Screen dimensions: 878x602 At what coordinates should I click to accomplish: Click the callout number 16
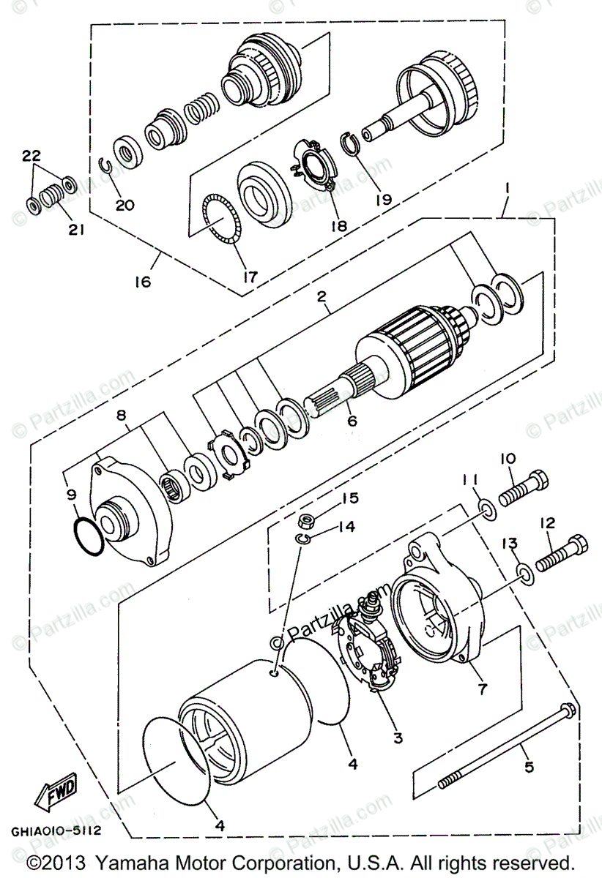pos(144,281)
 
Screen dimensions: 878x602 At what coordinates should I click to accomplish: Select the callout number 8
pos(122,416)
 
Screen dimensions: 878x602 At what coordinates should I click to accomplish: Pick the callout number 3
pos(398,738)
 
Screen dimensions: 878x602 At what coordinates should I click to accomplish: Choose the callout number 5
pos(529,767)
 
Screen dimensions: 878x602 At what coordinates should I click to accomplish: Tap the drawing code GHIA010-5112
pos(56,831)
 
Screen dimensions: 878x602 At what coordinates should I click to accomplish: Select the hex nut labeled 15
pos(307,523)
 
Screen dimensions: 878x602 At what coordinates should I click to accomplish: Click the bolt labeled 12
pos(562,554)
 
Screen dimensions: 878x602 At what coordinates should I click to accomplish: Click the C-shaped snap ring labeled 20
pos(105,167)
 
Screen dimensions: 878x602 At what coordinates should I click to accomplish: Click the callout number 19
pos(384,198)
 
